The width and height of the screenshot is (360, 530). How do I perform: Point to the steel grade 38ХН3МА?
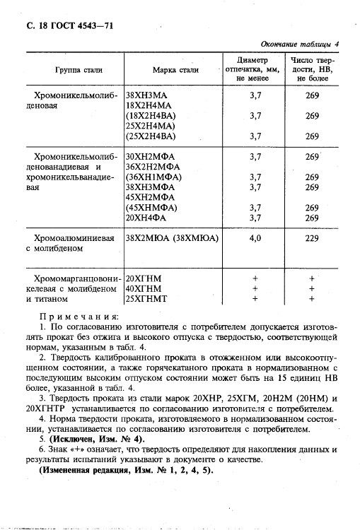coord(148,94)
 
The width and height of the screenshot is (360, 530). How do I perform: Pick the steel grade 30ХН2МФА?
coord(151,156)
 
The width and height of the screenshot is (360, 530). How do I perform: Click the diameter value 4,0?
coord(255,239)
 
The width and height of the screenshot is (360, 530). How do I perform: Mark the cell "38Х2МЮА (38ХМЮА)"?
coord(172,239)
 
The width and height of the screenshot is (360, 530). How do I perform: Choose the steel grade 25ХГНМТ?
coord(149,299)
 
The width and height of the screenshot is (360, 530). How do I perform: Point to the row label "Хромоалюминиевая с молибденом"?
coord(69,244)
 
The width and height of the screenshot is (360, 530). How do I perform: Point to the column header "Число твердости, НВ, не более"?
coord(312,70)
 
